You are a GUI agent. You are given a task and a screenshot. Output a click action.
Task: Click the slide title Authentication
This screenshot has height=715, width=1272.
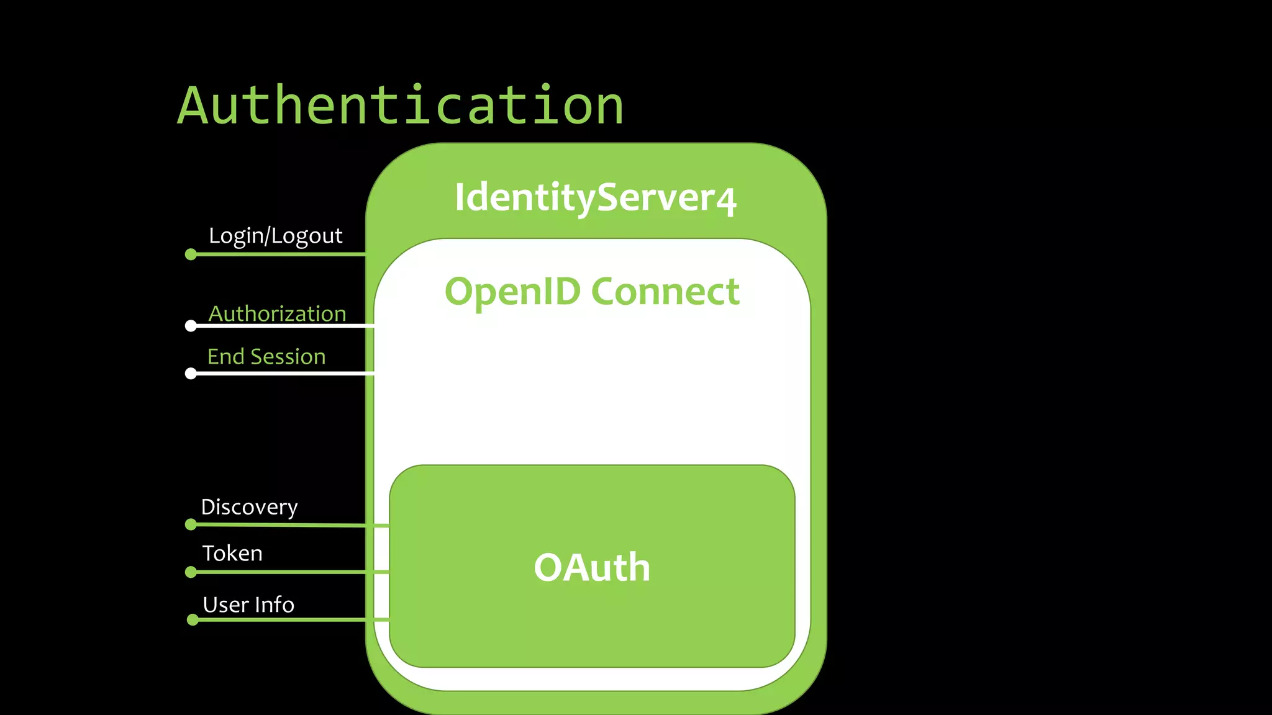click(x=401, y=106)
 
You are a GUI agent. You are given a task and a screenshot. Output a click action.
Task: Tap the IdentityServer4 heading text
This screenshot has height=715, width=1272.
click(x=595, y=197)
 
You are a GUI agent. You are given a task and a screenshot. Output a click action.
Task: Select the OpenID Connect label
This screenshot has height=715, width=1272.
click(x=592, y=291)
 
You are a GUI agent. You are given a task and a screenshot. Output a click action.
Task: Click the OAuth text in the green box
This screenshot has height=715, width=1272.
click(x=592, y=567)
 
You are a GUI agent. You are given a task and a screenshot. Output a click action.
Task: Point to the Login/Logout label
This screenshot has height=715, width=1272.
click(x=275, y=236)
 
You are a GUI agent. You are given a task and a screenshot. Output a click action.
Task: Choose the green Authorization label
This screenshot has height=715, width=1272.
click(x=277, y=314)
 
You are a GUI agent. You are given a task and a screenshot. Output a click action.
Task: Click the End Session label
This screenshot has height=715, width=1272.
click(x=266, y=357)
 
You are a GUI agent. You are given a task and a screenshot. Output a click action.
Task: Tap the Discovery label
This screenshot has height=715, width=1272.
click(x=249, y=507)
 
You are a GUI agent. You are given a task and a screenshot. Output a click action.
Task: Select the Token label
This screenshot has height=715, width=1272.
click(x=232, y=553)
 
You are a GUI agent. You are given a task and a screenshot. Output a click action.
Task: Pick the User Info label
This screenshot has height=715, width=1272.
click(x=248, y=605)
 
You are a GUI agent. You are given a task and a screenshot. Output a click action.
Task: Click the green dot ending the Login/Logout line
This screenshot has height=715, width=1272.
click(x=191, y=254)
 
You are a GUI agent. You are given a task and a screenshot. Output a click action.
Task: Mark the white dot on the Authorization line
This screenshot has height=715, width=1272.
click(x=191, y=326)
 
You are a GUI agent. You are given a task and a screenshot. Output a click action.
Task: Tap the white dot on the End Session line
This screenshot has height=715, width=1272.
click(x=191, y=373)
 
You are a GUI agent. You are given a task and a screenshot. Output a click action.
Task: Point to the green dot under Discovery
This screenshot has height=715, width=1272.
click(x=191, y=524)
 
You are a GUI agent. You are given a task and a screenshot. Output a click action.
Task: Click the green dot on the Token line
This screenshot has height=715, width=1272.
click(x=191, y=572)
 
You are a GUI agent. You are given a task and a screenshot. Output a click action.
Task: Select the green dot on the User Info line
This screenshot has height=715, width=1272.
click(x=193, y=619)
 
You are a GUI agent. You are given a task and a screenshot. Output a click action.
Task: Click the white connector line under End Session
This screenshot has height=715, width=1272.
click(x=286, y=373)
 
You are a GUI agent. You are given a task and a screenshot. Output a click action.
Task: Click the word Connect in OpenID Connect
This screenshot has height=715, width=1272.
click(x=665, y=291)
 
